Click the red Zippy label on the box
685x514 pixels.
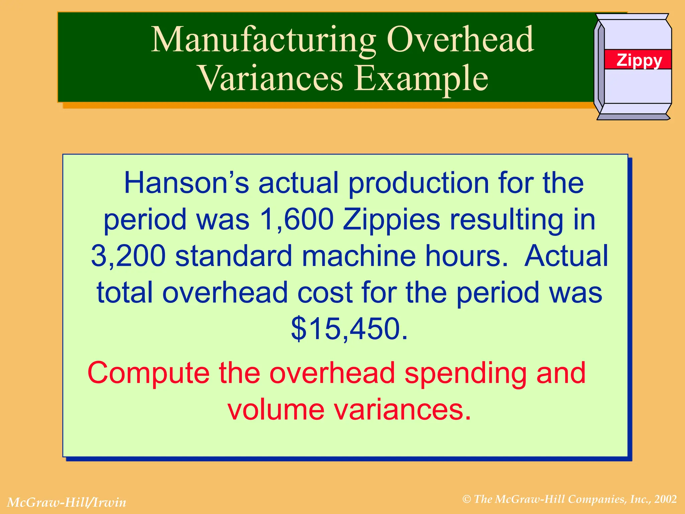639,60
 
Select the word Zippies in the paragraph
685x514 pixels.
391,220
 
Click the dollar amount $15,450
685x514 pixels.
349,329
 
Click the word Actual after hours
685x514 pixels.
566,256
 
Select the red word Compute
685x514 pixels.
149,373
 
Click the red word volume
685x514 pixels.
276,410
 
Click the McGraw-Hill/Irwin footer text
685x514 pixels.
67,502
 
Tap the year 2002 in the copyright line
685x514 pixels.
666,499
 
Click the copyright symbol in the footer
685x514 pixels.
467,499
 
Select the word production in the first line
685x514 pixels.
418,183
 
